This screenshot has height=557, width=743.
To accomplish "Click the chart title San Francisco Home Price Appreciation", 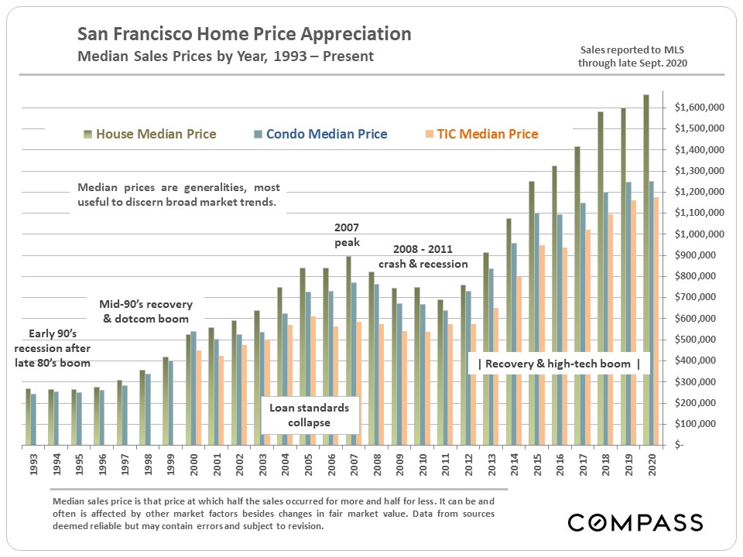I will click(x=244, y=35).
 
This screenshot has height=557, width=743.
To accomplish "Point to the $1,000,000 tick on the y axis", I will click(x=700, y=234).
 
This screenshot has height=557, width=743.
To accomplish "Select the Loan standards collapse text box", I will click(x=310, y=415).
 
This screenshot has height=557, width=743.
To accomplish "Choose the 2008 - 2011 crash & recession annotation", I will click(x=422, y=256).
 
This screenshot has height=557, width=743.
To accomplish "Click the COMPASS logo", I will click(x=635, y=522).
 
